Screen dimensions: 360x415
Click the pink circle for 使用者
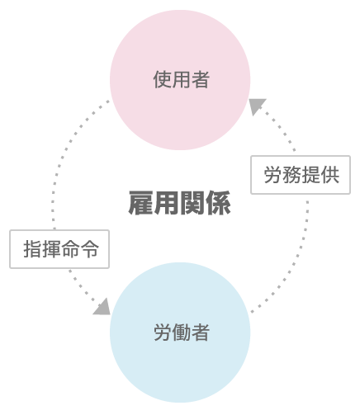click(x=180, y=80)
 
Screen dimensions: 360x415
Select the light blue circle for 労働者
click(x=180, y=332)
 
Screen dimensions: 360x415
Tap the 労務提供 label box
click(x=301, y=175)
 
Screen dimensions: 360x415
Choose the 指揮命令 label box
click(x=59, y=249)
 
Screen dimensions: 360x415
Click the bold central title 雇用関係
click(x=180, y=203)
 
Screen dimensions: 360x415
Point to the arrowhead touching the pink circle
click(x=257, y=106)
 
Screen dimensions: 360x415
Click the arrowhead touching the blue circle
click(x=102, y=307)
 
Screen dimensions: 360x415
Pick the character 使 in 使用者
click(x=163, y=79)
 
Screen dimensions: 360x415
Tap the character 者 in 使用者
click(x=201, y=79)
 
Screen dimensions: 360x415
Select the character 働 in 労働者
click(x=182, y=332)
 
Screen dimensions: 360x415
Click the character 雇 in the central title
click(x=141, y=203)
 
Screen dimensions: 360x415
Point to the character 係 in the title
click(x=219, y=203)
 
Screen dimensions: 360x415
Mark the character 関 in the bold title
click(x=192, y=203)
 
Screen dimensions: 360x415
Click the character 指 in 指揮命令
click(x=32, y=249)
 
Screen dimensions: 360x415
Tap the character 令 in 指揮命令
click(x=89, y=249)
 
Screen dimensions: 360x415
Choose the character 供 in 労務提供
click(x=330, y=175)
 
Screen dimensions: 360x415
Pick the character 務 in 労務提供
click(x=291, y=175)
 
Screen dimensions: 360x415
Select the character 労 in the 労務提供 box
click(x=272, y=175)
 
